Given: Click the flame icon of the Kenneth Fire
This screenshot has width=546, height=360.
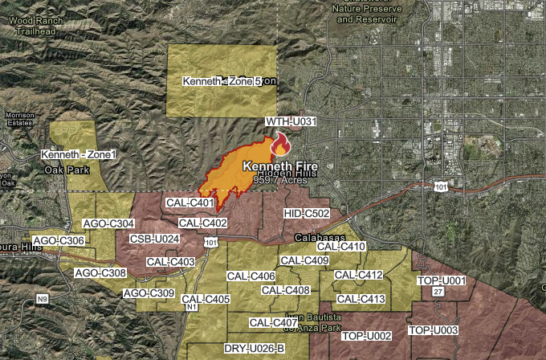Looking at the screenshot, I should pos(280,145).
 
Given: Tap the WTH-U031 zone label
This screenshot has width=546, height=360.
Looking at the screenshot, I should pos(292,121).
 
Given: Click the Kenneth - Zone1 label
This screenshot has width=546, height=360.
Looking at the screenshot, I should pos(79,153).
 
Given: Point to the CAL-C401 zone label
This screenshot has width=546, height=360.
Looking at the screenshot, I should pos(189,203).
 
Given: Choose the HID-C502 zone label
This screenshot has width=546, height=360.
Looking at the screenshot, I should pos(308,213).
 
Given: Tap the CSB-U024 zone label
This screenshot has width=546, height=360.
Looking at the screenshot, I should pos(154,239).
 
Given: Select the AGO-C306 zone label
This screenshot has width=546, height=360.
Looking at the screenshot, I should pos(60,241).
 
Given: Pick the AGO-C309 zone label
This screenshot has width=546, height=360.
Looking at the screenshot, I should pos(149,293).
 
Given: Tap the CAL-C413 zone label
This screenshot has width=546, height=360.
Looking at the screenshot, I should pos(361,300).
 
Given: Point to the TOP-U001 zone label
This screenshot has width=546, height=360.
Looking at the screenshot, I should pos(442,280).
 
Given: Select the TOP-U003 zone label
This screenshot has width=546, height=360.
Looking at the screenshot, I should pos(434,330).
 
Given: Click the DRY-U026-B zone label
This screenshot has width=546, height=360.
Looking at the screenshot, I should pos(254,348).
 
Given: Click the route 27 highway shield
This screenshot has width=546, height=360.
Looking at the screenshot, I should pos(438,292).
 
